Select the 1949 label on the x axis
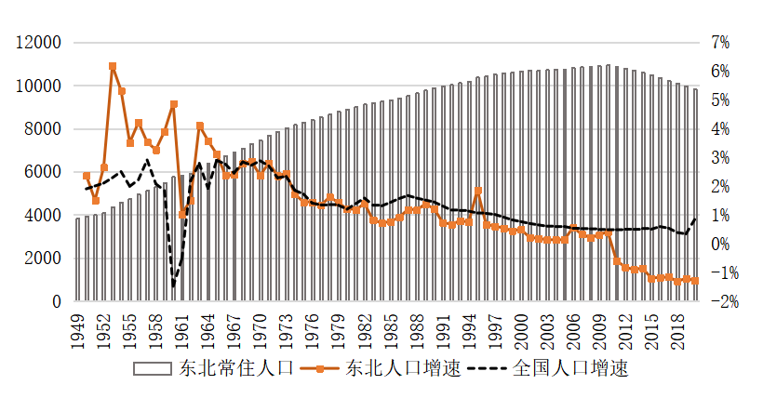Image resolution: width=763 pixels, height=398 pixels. point(78,329)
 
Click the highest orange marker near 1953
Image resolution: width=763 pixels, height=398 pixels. point(113,67)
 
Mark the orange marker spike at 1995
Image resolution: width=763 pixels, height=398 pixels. point(478,192)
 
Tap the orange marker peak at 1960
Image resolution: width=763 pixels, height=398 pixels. point(174,104)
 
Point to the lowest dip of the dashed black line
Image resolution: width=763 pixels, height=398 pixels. point(174,285)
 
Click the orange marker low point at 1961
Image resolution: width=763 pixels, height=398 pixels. point(182,215)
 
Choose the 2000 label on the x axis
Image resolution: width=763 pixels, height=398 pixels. point(522,329)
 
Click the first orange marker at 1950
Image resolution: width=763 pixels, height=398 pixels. point(87,176)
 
